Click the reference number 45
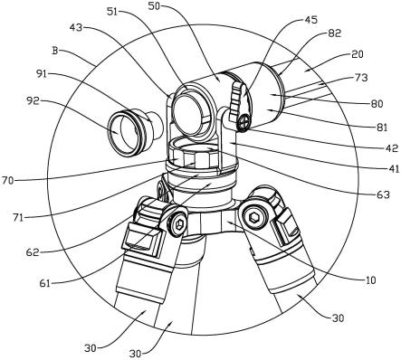310,20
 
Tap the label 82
334,33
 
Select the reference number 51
112,11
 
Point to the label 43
75,27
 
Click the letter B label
54,51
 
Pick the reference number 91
43,74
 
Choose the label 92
33,101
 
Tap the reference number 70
8,181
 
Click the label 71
18,217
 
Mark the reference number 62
33,252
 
